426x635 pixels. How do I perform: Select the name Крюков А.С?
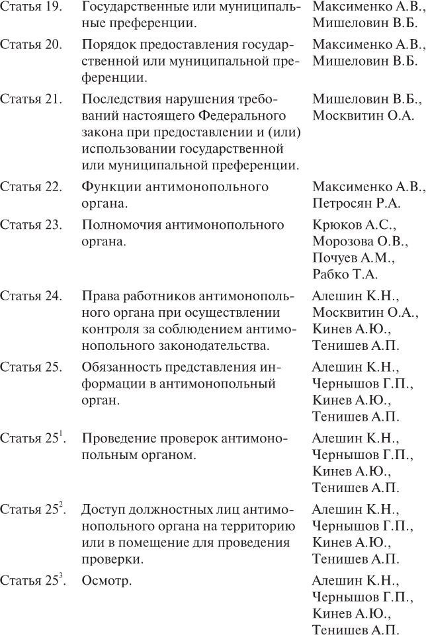pyautogui.click(x=354, y=225)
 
